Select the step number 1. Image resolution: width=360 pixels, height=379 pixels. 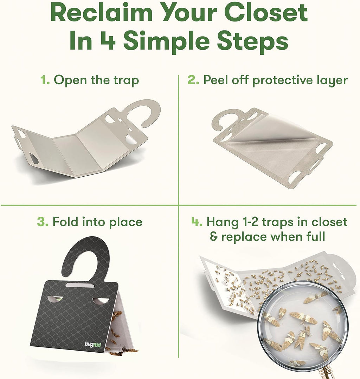pos(45,80)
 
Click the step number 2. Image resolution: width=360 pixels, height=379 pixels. pos(193,80)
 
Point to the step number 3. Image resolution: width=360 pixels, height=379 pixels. pos(43,222)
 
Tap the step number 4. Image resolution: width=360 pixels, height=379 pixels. pos(197,222)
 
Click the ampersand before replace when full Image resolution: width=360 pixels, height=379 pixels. pos(214,236)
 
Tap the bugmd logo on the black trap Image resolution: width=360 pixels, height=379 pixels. pos(93,345)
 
